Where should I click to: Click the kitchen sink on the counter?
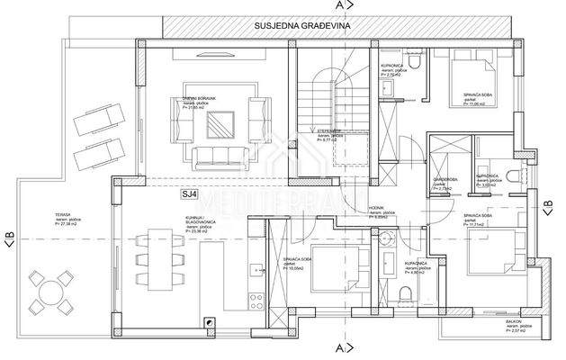click(256, 269)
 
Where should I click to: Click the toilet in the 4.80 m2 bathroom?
click(406, 292)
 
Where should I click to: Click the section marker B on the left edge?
click(9, 238)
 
